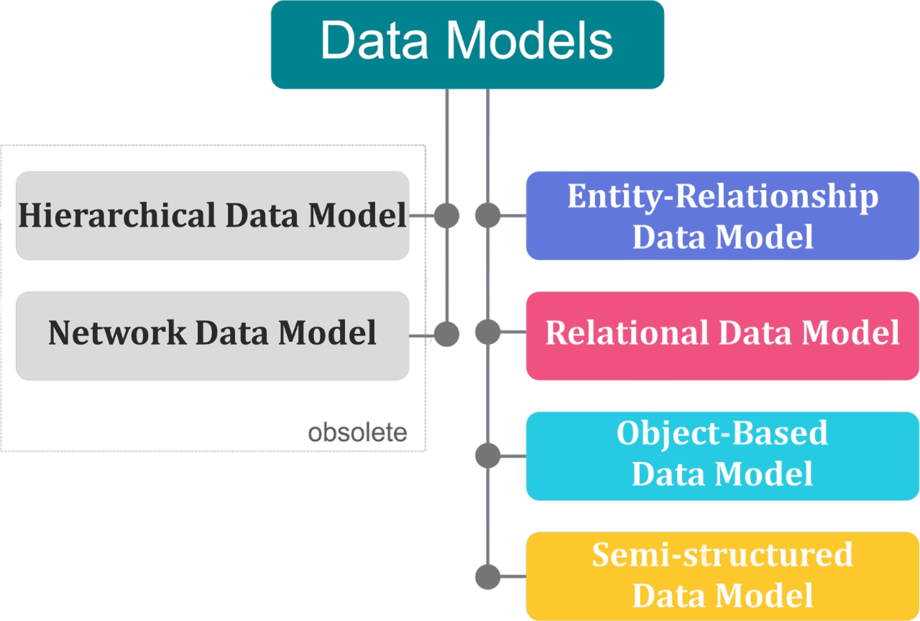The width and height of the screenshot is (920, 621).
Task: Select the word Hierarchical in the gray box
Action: (116, 215)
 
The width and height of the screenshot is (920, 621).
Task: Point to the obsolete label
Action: (357, 432)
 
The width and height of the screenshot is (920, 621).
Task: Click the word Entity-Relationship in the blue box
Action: (722, 196)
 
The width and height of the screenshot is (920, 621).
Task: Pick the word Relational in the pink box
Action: (622, 332)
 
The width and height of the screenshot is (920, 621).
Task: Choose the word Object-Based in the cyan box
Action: (722, 433)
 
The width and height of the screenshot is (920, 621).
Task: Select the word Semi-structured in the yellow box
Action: (722, 555)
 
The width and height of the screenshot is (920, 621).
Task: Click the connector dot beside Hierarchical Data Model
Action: (447, 215)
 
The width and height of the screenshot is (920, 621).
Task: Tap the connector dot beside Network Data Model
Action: (447, 334)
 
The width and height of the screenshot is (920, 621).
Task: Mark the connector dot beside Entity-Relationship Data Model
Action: (488, 215)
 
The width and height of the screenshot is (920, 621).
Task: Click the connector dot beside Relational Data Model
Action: (488, 332)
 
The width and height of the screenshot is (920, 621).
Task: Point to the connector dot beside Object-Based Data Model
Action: (488, 455)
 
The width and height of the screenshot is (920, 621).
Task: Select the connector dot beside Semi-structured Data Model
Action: (488, 576)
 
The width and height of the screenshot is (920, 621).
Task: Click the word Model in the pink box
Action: (850, 332)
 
